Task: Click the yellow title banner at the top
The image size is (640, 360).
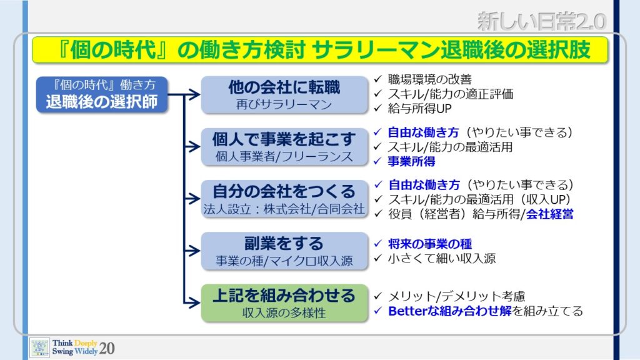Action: [320, 50]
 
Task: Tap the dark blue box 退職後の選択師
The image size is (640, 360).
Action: [102, 95]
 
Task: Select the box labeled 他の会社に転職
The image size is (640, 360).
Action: [284, 95]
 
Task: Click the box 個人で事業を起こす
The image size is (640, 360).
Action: [284, 147]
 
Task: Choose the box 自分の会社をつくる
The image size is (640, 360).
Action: [284, 199]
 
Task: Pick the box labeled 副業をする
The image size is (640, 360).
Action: [284, 251]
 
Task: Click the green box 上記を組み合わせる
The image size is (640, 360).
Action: [284, 303]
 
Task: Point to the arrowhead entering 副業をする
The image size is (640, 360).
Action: [194, 251]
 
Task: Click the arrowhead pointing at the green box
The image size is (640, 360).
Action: [194, 303]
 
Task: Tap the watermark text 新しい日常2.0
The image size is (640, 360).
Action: [542, 21]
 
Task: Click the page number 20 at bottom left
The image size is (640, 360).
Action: [106, 348]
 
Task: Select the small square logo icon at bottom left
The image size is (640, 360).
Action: [39, 347]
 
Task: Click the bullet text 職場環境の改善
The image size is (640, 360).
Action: [429, 79]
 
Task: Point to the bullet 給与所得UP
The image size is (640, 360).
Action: [419, 109]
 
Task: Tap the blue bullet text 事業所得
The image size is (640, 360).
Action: [411, 162]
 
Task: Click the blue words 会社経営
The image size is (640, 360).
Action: [549, 214]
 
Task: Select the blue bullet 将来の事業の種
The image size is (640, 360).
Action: [430, 244]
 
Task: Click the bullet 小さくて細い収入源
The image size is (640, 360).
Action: [442, 258]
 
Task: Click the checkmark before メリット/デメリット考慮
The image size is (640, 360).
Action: [378, 296]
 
